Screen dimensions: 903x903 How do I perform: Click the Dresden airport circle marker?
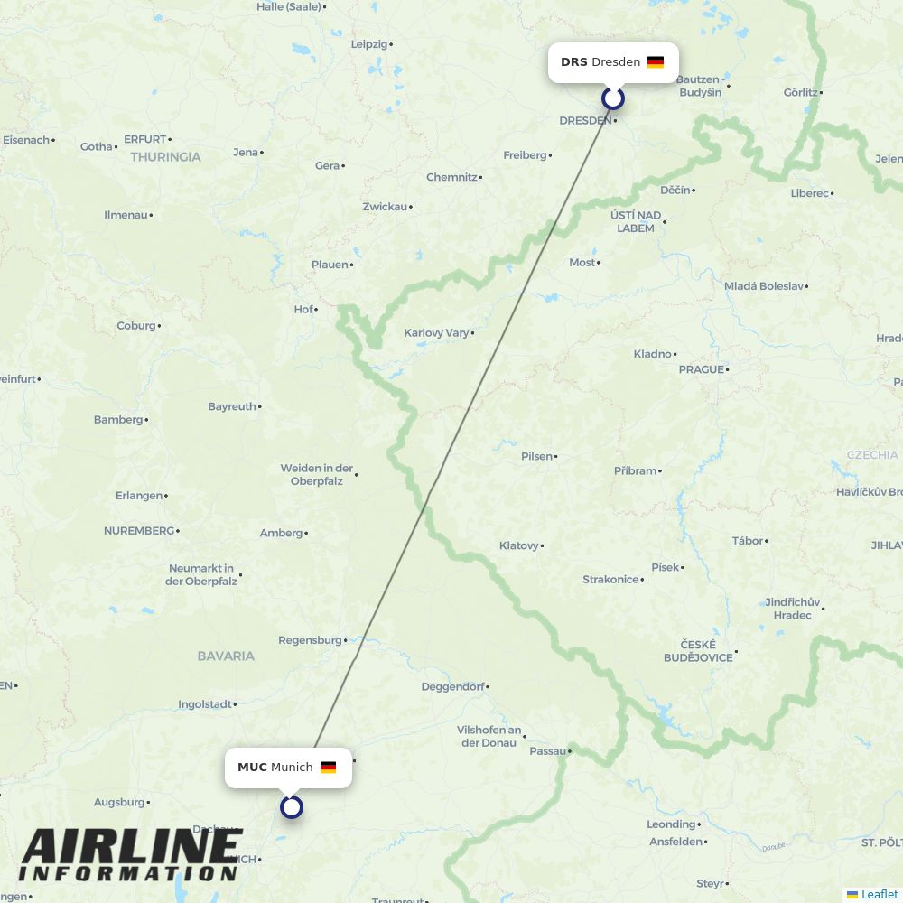point(613,98)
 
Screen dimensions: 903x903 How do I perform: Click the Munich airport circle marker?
point(291,806)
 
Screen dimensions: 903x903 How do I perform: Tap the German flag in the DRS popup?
point(656,62)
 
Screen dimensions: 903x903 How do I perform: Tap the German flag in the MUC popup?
point(328,768)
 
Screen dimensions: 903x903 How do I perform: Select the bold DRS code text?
point(573,62)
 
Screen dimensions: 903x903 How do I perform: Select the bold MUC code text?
point(252,768)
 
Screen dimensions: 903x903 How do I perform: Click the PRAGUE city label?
point(702,369)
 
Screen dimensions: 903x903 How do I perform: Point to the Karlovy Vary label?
point(436,332)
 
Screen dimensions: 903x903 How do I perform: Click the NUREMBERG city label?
point(138,530)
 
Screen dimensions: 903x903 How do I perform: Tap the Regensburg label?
point(310,639)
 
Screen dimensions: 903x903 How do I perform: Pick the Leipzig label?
point(368,43)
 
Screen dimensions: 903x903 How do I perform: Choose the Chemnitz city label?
point(451,177)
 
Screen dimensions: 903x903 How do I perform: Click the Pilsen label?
point(536,456)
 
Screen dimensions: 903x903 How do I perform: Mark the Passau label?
point(547,750)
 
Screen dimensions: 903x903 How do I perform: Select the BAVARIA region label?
point(226,656)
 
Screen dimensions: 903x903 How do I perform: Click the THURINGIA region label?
point(165,156)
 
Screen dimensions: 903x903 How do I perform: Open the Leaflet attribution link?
point(879,894)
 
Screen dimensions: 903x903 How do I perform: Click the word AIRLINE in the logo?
point(131,846)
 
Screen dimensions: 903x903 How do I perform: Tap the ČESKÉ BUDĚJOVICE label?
point(698,650)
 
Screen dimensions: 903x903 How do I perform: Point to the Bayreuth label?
point(231,406)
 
